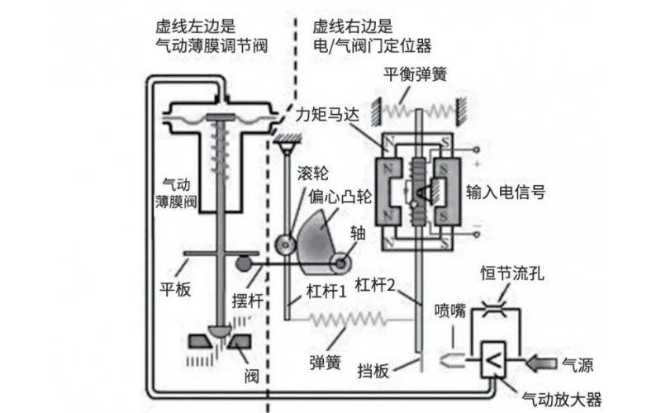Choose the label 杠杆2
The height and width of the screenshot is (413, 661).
click(377, 286)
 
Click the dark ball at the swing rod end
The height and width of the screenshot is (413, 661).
click(245, 264)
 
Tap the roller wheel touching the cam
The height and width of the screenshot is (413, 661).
click(285, 246)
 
